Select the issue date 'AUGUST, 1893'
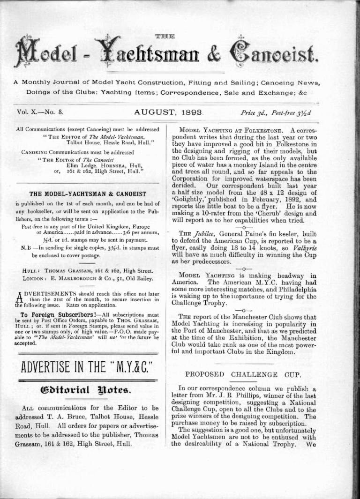[168, 112]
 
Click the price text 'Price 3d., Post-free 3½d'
[276, 113]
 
